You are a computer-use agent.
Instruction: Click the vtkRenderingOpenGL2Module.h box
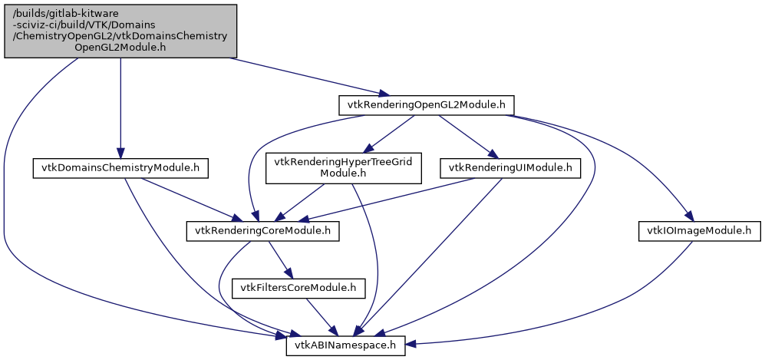(426, 104)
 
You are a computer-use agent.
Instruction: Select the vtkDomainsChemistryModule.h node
(120, 168)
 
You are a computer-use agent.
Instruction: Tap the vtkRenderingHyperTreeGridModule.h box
(343, 168)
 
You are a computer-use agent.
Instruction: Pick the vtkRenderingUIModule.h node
(509, 167)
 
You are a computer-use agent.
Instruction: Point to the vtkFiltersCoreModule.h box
(303, 288)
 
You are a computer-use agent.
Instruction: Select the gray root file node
(120, 30)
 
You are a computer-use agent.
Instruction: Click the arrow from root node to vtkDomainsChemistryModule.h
(120, 107)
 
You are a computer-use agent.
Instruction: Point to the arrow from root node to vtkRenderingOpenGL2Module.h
(307, 77)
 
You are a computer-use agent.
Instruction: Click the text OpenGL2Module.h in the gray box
(120, 47)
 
